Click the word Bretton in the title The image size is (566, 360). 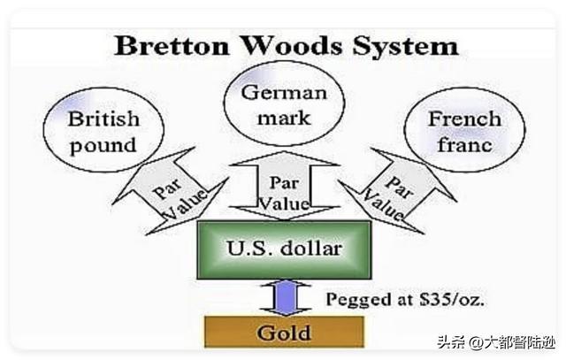(x=172, y=46)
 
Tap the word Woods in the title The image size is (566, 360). (x=291, y=46)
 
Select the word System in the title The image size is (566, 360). (x=406, y=47)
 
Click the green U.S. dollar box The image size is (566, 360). (x=284, y=249)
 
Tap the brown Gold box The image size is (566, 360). (x=284, y=332)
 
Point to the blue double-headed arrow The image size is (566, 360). (x=285, y=298)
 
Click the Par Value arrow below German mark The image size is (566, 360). (x=285, y=186)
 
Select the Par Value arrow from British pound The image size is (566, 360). (x=171, y=191)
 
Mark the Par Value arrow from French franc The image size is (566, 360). (x=398, y=191)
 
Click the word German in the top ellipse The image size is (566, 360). (x=284, y=93)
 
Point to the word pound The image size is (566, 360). (x=103, y=146)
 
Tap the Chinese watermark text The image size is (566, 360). (x=496, y=342)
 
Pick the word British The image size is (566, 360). (x=103, y=119)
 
